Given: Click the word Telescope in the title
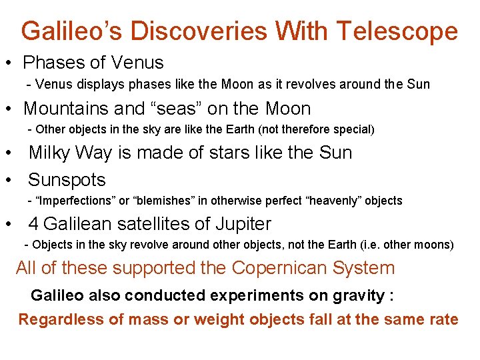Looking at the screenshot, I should [397, 31].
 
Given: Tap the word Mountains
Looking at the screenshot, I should [72, 108].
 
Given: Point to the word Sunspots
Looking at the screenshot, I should [67, 180].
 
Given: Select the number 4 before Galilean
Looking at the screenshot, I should [34, 224].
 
